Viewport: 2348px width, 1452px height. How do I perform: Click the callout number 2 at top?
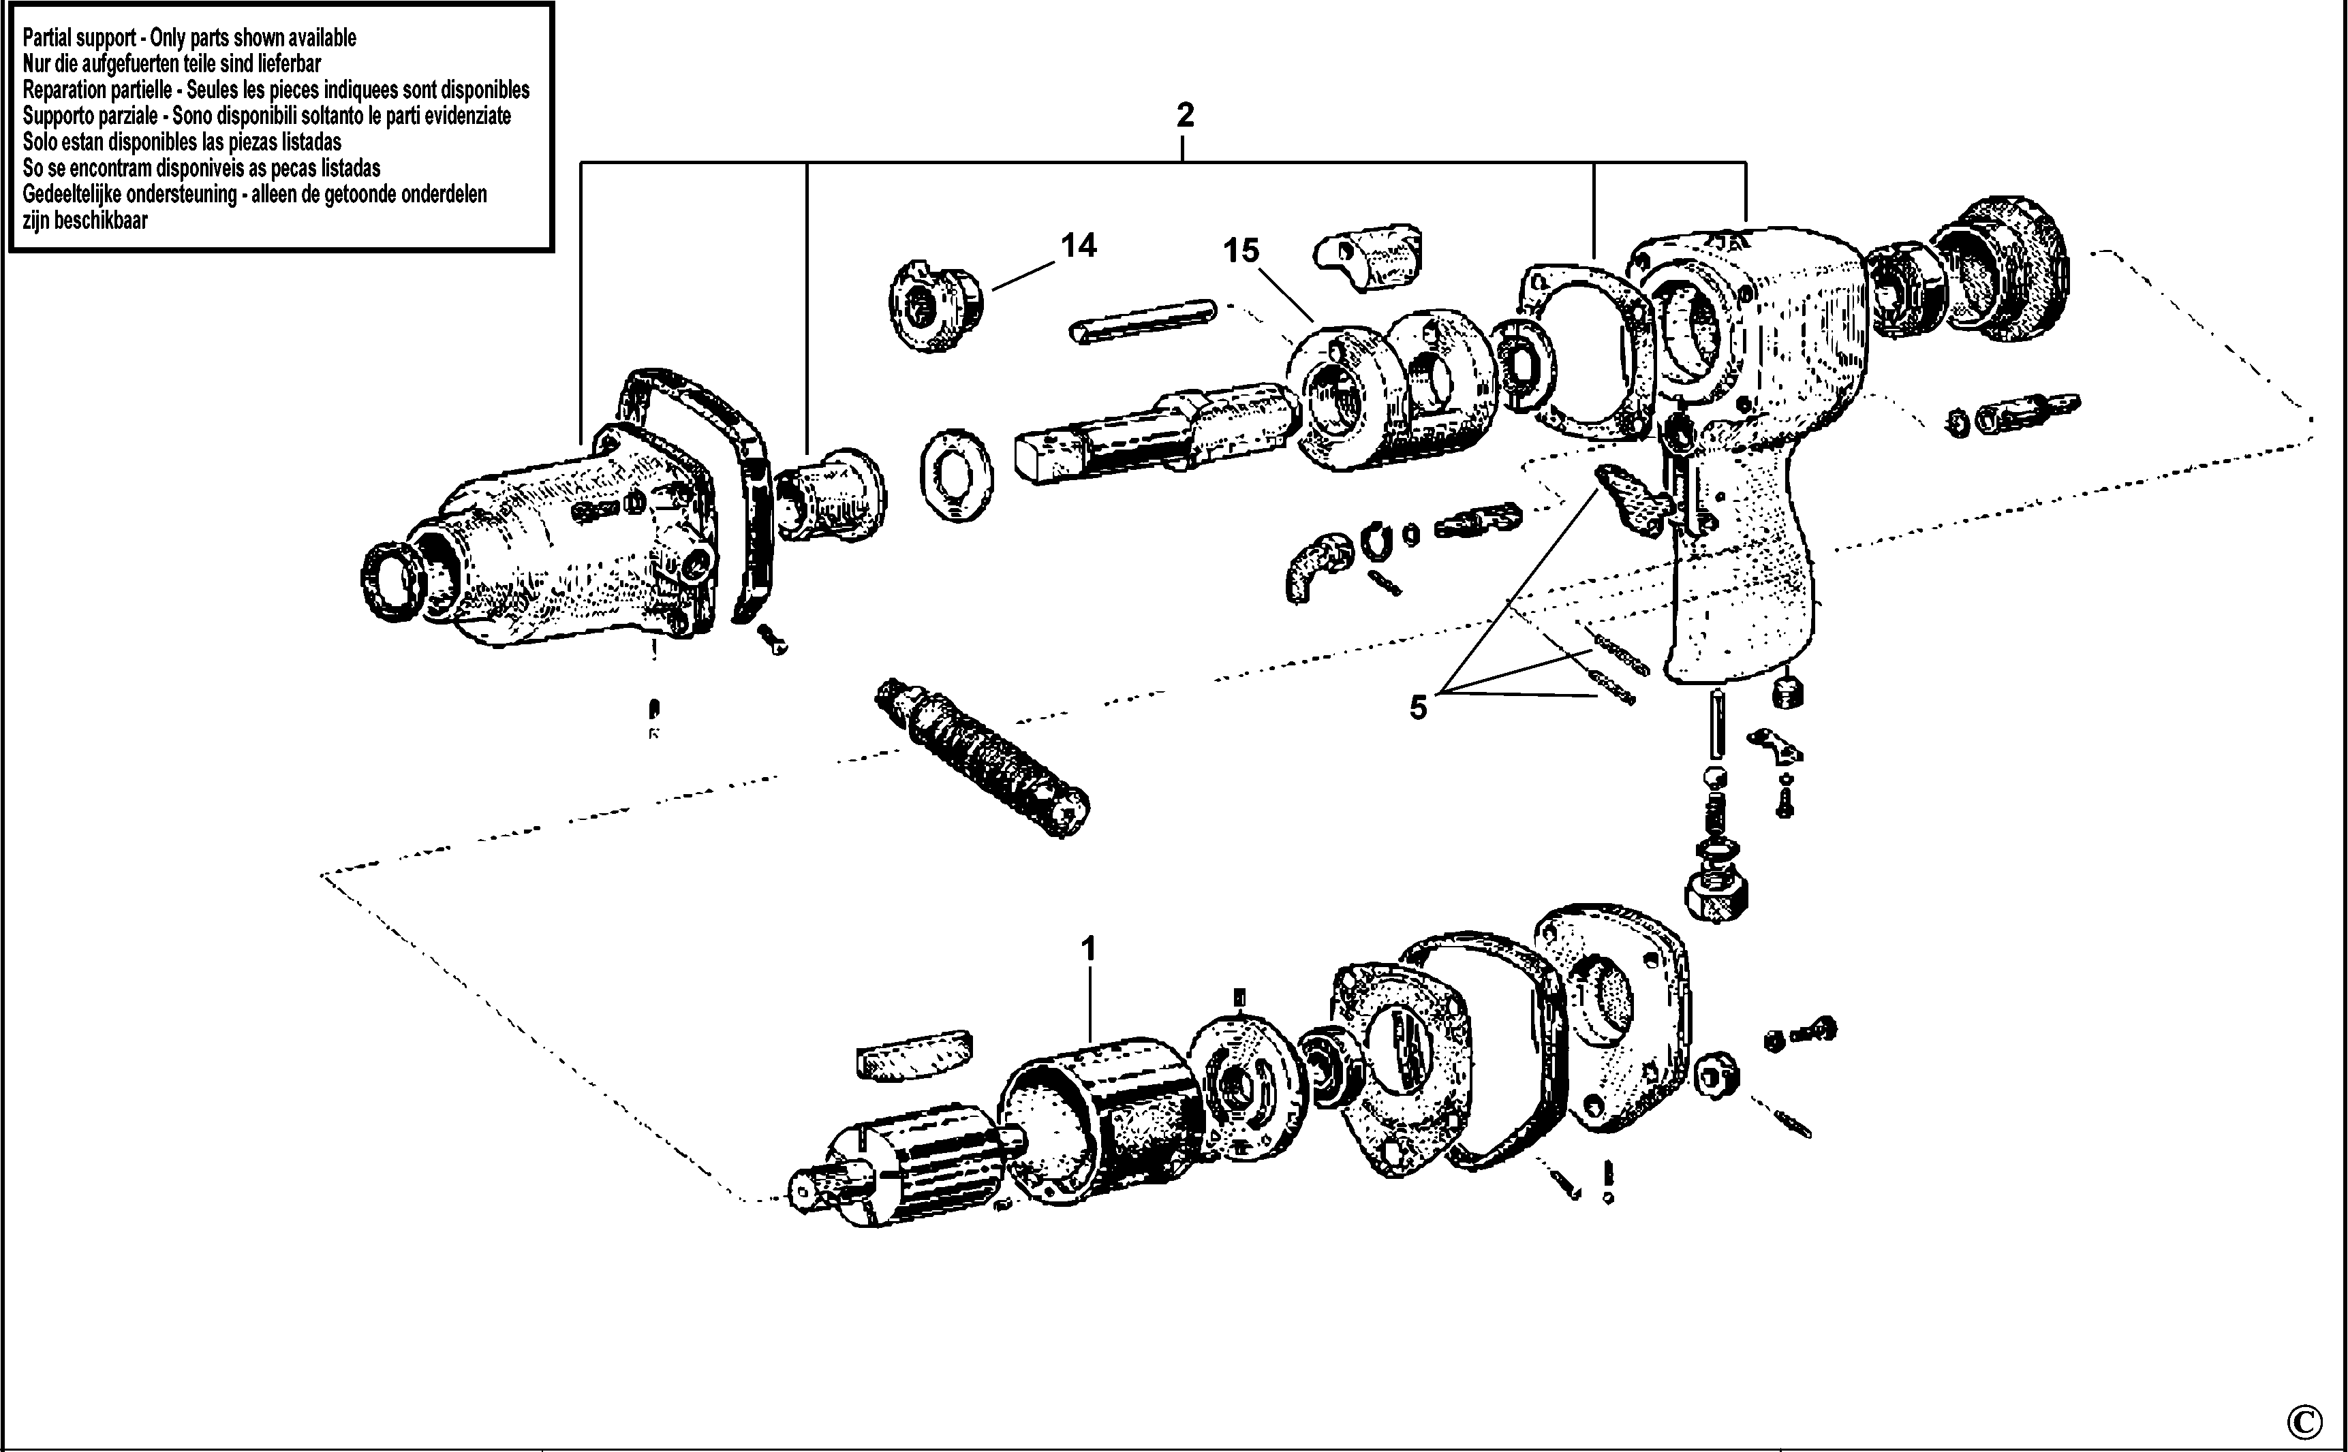(1185, 115)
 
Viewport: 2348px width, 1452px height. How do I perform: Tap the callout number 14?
(1078, 246)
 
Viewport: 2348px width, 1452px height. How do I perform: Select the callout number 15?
(1240, 251)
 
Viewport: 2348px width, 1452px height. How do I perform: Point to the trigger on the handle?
(1631, 494)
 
